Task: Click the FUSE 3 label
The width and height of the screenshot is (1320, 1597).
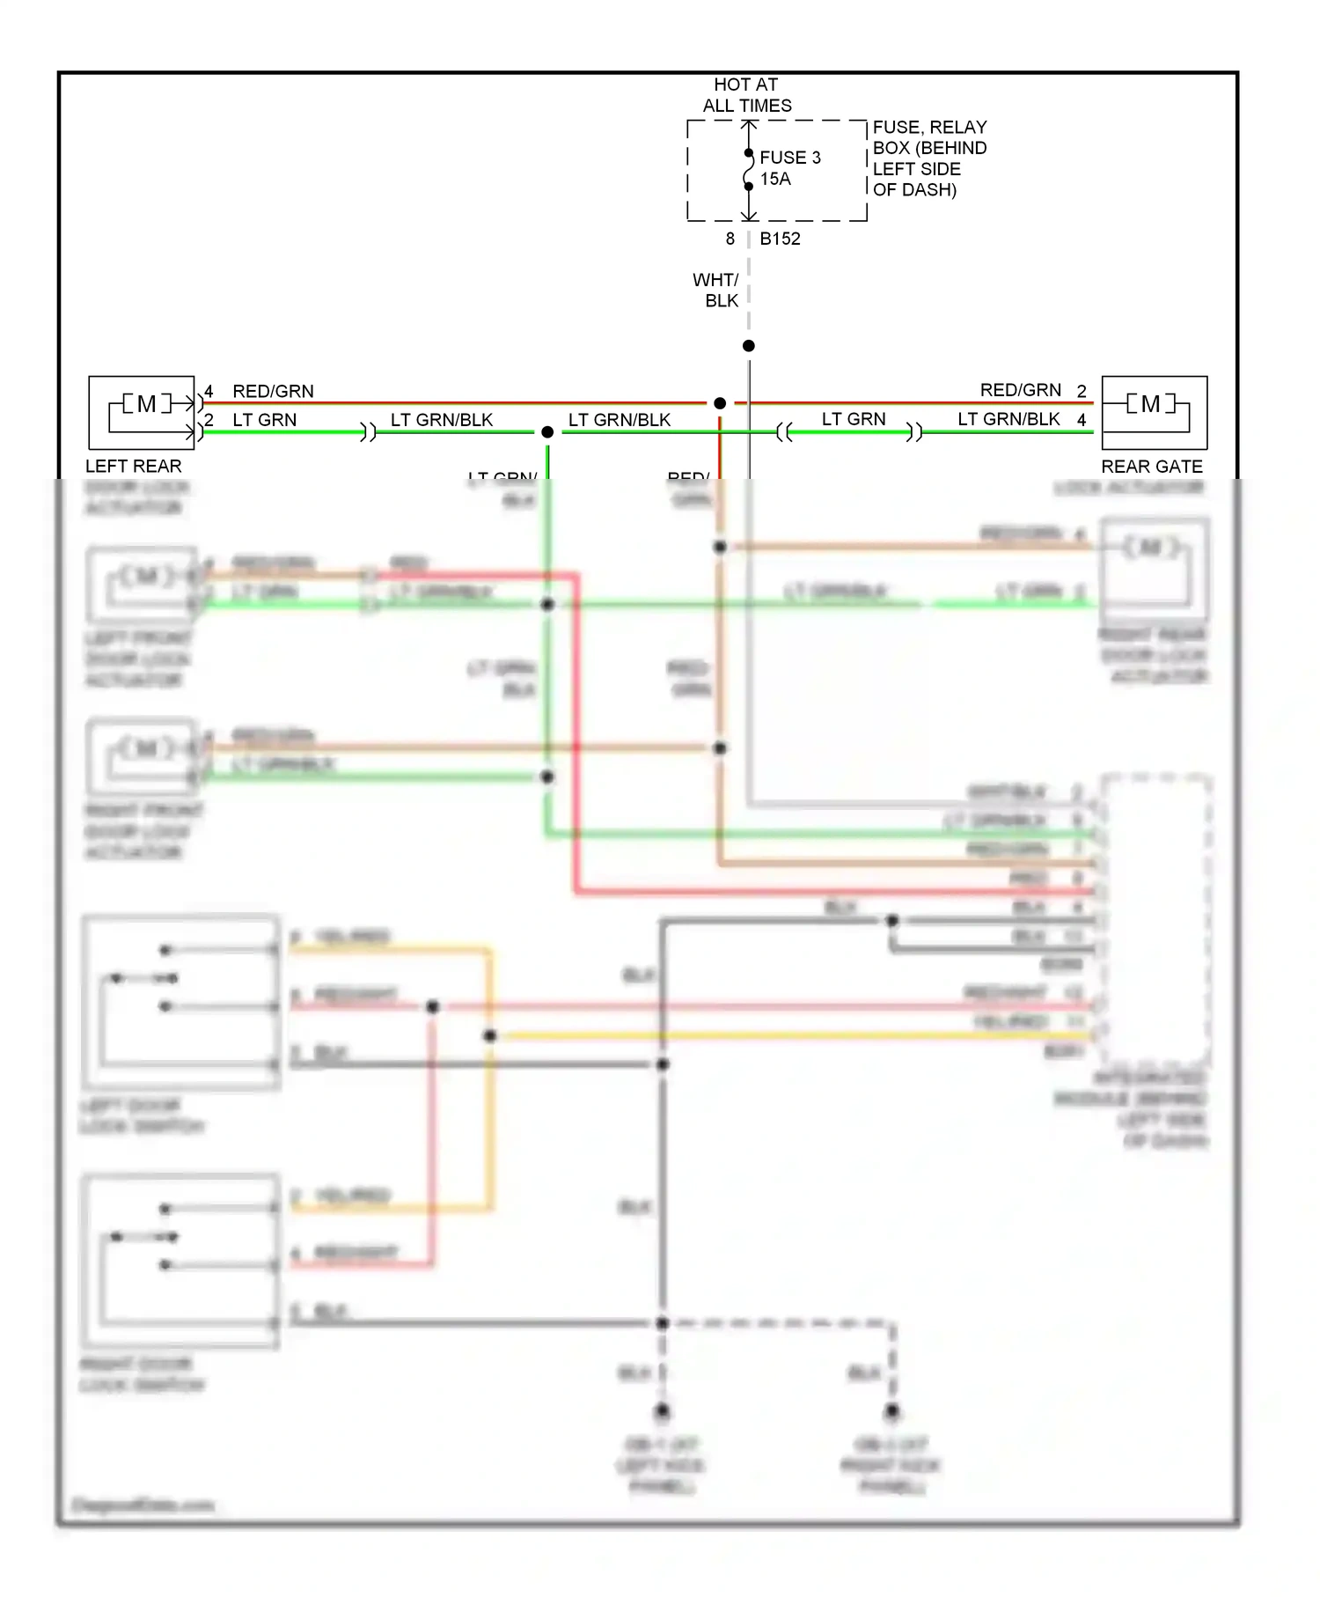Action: (x=789, y=158)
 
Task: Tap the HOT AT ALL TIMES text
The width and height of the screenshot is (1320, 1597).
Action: (x=746, y=95)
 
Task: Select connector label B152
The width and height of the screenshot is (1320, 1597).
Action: (x=780, y=239)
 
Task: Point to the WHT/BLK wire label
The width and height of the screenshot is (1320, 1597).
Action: (x=716, y=291)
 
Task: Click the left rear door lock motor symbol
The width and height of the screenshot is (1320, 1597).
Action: (x=146, y=404)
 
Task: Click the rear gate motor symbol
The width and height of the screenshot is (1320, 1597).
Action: (x=1150, y=404)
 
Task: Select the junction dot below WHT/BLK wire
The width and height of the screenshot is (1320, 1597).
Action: (x=748, y=346)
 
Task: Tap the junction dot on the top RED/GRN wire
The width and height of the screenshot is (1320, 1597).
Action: (x=720, y=403)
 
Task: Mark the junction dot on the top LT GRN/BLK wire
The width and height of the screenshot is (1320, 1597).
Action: (x=547, y=432)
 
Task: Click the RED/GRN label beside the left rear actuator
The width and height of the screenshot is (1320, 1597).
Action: (x=273, y=391)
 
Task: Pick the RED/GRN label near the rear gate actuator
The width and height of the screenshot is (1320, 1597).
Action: (x=1021, y=390)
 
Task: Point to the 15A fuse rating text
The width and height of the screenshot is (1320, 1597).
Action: (x=775, y=179)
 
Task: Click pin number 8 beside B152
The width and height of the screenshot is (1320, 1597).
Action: (x=730, y=239)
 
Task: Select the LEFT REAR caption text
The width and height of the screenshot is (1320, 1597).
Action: (x=134, y=467)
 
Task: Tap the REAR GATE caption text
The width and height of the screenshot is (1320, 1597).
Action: (x=1151, y=467)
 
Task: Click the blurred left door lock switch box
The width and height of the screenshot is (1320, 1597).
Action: (x=180, y=1004)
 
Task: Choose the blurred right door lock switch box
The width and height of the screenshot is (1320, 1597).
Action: (x=180, y=1262)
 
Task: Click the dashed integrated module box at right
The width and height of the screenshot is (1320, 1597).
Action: (x=1155, y=920)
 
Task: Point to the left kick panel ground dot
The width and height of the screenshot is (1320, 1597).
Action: (x=662, y=1411)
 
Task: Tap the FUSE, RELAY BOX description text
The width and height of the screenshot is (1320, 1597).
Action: (x=929, y=158)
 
